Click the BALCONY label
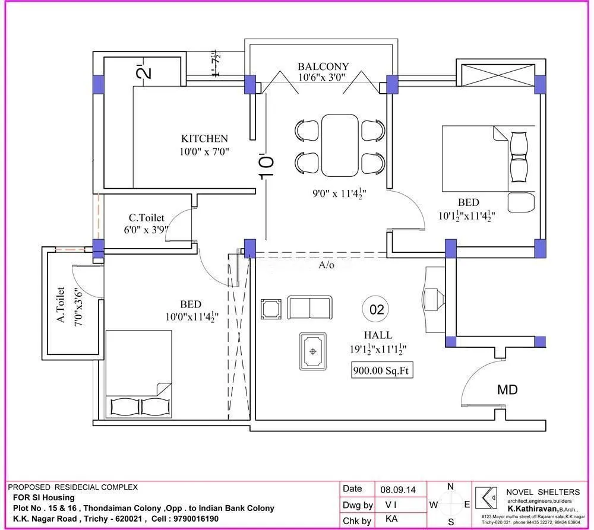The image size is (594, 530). click(x=323, y=66)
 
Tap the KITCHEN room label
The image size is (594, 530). click(x=204, y=139)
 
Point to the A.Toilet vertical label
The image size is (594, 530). click(x=60, y=305)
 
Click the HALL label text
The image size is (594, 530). click(x=378, y=335)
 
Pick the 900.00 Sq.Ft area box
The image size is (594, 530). click(x=382, y=370)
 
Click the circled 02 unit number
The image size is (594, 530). click(x=377, y=309)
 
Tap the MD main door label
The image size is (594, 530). click(x=507, y=390)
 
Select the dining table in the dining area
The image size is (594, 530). click(x=340, y=145)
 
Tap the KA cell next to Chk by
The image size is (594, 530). click(x=391, y=521)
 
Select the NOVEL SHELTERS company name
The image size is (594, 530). click(x=542, y=491)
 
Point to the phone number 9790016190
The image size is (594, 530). click(x=192, y=518)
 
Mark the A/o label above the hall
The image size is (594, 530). click(x=326, y=265)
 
